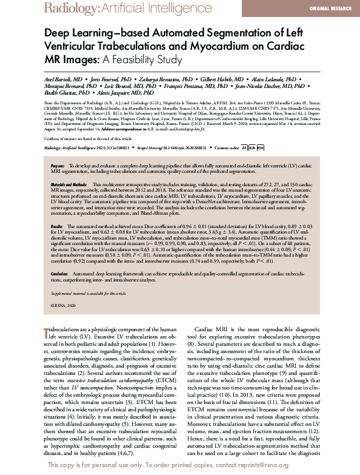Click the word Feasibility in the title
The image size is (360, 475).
click(135, 60)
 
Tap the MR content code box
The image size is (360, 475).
click(259, 147)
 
